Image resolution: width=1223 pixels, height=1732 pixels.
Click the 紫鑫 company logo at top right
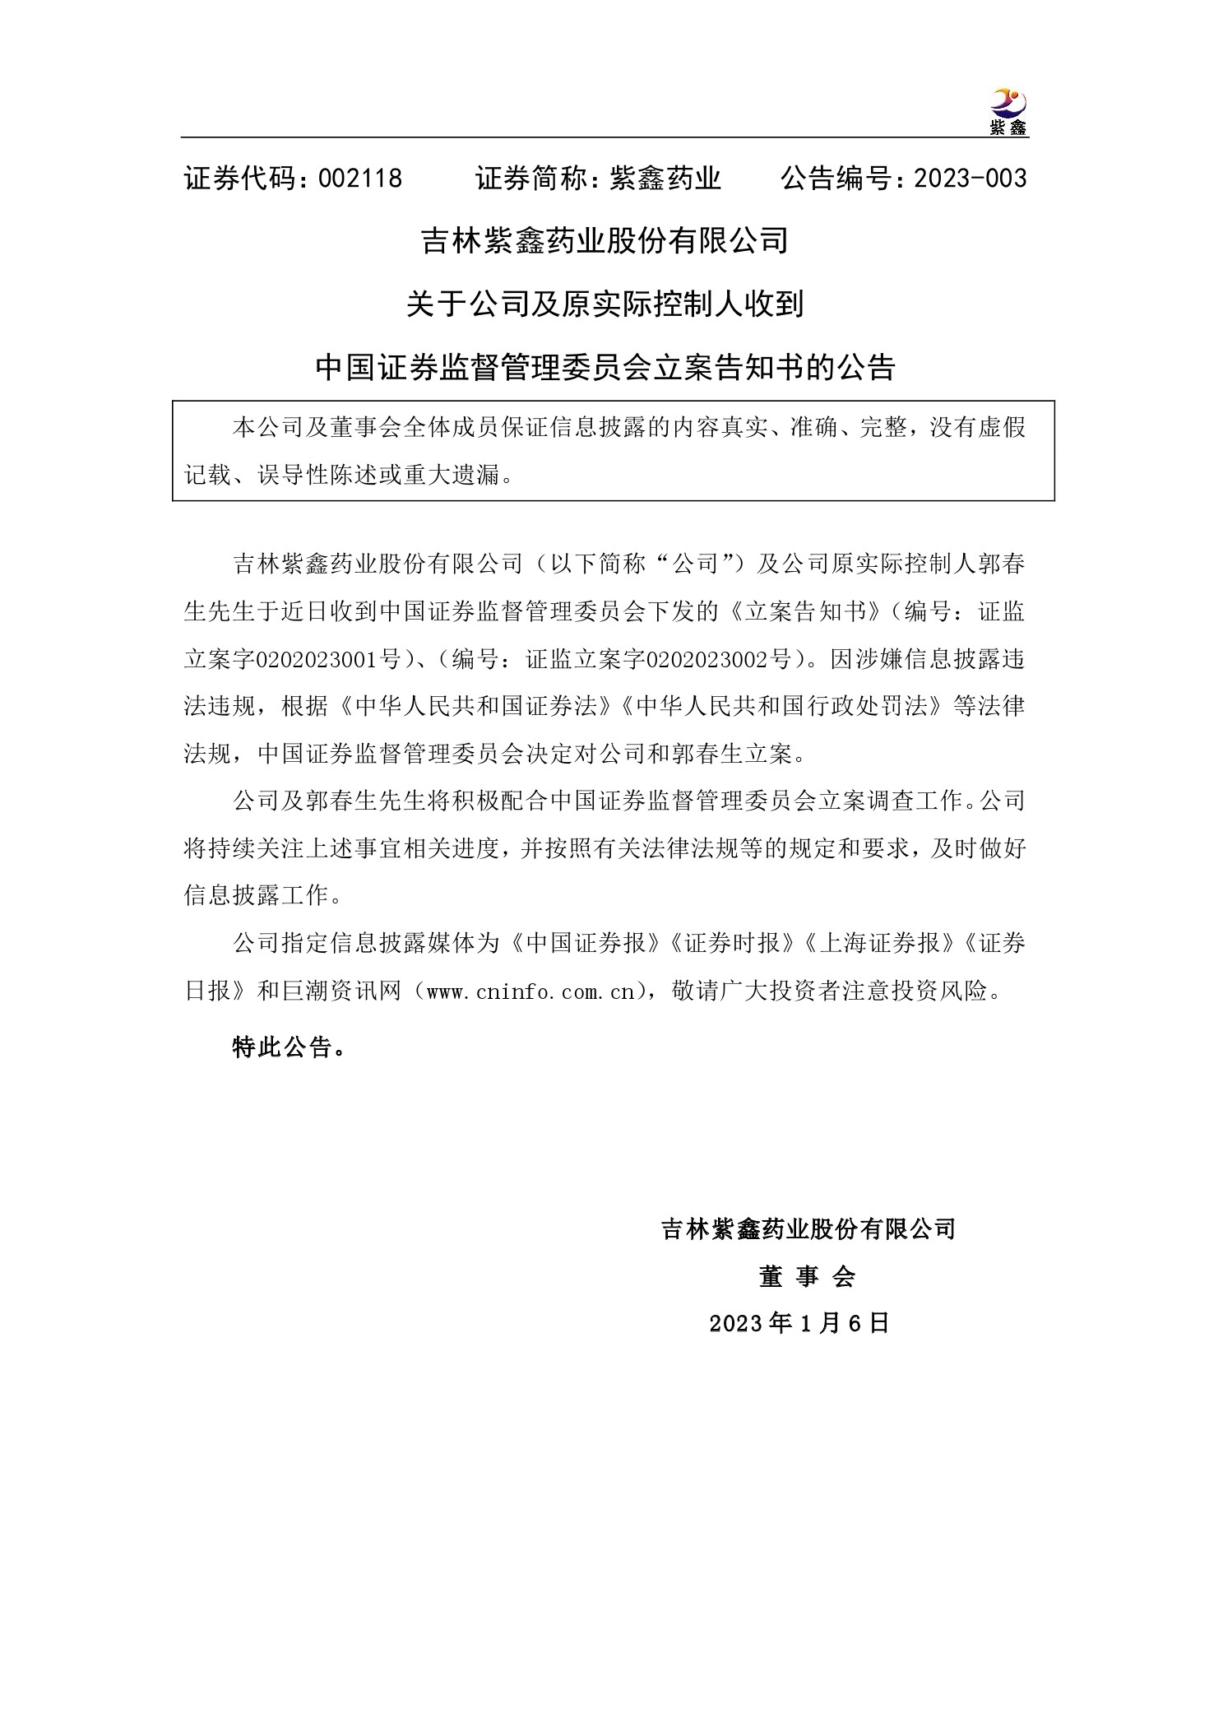(x=1008, y=112)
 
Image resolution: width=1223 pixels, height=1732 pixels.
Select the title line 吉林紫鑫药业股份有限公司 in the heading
(x=605, y=241)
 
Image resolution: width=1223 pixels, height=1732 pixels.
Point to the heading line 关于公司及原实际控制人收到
(x=605, y=304)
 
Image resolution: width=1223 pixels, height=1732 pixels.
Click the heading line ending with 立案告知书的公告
(x=605, y=368)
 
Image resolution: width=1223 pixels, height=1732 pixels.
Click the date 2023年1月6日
(x=799, y=1323)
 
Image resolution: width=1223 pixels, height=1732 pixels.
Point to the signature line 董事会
(x=807, y=1276)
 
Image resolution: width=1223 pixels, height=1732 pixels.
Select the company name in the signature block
(x=808, y=1229)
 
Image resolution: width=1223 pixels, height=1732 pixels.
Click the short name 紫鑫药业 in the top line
(x=665, y=179)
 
